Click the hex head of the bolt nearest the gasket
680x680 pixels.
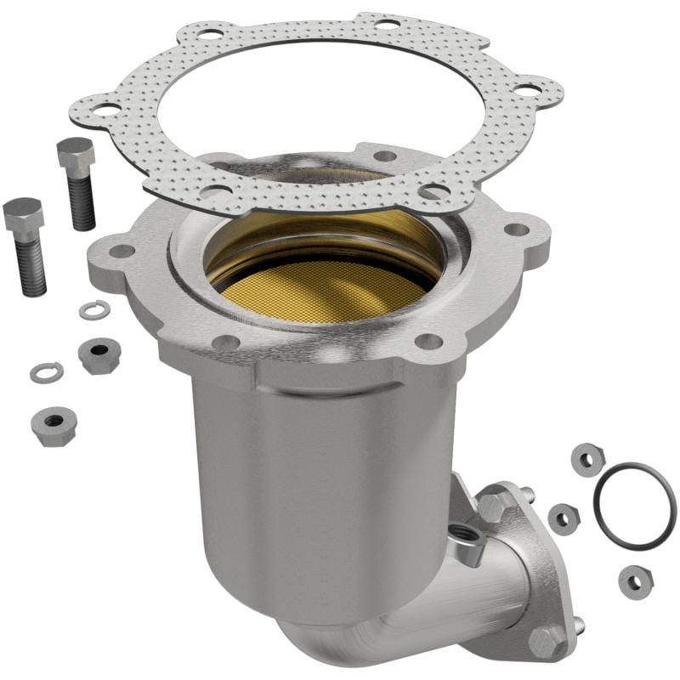75,154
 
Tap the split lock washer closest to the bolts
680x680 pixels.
92,310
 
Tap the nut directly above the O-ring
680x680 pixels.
586,458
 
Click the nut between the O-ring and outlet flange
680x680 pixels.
563,516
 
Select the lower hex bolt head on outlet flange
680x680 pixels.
544,639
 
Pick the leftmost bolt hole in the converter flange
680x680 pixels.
123,251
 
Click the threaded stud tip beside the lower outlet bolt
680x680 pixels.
578,626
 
